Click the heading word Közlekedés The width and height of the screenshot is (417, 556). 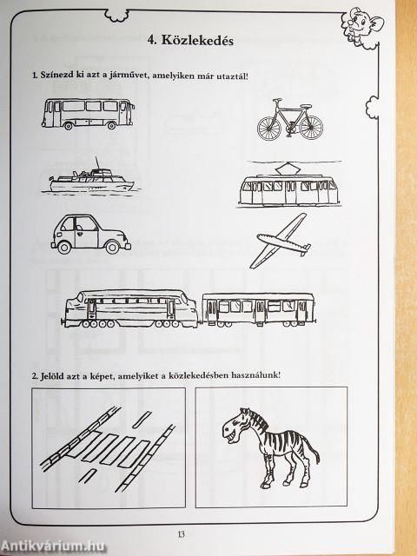197,41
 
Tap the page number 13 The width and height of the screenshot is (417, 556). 182,534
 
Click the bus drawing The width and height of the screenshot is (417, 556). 88,114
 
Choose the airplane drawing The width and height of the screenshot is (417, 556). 280,241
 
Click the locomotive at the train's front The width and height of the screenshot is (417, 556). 131,308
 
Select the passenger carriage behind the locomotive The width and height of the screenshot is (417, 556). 258,309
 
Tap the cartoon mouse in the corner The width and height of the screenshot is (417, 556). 362,24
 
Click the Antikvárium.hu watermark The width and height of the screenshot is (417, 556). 53,546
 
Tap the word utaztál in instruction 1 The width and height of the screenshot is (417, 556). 234,76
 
